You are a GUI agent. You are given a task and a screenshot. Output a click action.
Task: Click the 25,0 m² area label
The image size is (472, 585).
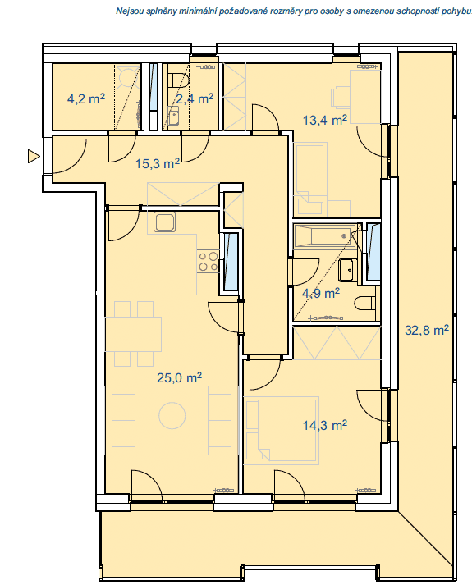click(x=179, y=377)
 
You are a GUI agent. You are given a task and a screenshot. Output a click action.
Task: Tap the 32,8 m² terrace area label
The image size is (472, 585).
click(x=427, y=330)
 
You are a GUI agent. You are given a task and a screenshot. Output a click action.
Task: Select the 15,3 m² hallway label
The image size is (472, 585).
click(x=158, y=163)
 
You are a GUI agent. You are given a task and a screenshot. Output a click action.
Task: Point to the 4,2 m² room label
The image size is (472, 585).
click(x=86, y=99)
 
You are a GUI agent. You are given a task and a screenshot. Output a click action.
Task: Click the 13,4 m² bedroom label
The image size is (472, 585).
click(x=324, y=120)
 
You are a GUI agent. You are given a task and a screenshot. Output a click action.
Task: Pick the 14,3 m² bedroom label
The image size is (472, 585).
click(x=324, y=425)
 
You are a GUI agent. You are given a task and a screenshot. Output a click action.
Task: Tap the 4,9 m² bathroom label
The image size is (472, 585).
click(x=321, y=293)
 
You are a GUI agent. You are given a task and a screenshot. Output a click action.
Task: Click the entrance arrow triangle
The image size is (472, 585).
click(x=34, y=156)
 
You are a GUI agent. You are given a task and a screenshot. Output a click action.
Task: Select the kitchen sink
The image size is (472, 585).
click(x=164, y=222)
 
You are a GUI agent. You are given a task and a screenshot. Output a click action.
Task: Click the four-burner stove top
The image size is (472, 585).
click(x=209, y=261)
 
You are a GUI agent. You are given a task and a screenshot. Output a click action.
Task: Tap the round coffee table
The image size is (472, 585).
click(x=172, y=415)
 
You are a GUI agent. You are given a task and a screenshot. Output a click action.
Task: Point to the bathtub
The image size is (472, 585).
click(x=324, y=236)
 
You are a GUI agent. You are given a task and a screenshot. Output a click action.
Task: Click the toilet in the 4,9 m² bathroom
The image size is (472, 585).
click(x=364, y=304)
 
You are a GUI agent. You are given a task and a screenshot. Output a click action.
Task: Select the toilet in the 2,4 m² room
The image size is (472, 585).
click(x=178, y=80)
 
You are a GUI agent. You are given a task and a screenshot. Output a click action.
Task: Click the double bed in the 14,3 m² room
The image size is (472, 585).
click(x=282, y=430)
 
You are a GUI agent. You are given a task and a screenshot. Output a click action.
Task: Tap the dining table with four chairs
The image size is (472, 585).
click(x=134, y=334)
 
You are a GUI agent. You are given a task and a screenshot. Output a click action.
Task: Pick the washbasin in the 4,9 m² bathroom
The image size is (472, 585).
click(x=346, y=270)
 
